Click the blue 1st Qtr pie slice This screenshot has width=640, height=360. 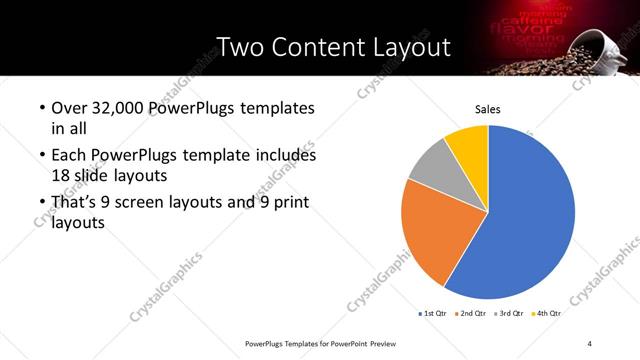(x=530, y=220)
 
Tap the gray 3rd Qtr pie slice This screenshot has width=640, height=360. (x=432, y=165)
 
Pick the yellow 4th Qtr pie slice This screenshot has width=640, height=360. (x=468, y=142)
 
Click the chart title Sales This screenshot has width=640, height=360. (x=487, y=109)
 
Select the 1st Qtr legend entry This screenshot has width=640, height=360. (x=433, y=314)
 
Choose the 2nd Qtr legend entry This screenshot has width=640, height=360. (x=473, y=314)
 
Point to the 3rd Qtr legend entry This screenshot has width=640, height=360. (x=509, y=314)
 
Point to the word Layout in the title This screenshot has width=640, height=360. (x=408, y=47)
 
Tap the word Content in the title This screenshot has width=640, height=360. (x=316, y=47)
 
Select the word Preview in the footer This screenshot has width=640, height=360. (x=389, y=343)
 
